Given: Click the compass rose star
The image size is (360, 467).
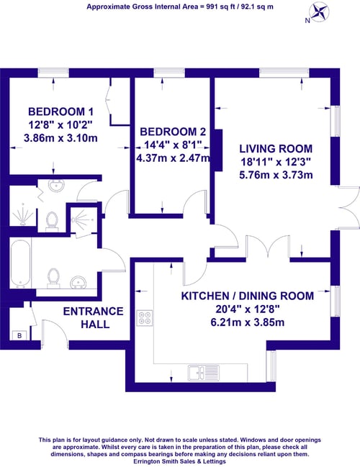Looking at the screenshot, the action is point(319,12).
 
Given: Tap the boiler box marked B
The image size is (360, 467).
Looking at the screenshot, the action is point(19,335).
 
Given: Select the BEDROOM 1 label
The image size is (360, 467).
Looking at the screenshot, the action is point(60,112).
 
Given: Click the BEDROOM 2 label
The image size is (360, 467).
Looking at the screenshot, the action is point(173,132).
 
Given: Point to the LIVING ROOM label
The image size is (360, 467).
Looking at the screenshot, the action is point(276,149).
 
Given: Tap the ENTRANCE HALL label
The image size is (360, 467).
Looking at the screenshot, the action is point(94,317).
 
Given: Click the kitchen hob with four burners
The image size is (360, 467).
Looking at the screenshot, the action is point(145,318).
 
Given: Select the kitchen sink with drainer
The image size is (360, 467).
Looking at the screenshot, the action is point(204,373).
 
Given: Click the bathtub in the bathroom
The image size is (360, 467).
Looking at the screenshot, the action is point(20,263).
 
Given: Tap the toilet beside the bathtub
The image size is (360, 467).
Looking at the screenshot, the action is point(54,278).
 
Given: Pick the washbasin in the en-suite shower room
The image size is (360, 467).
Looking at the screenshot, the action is point(56,185).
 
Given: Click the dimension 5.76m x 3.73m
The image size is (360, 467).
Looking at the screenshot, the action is point(276,175).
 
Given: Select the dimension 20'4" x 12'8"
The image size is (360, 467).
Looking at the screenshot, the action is point(248,309).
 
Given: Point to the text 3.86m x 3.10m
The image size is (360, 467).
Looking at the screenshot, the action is point(60,138).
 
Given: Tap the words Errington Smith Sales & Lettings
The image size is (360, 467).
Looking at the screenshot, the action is point(180,461).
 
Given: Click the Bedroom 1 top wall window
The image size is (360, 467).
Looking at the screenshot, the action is point(54,73).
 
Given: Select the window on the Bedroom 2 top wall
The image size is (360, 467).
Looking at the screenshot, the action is point(169,73).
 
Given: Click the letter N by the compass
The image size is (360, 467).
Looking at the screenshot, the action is point(307,21).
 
